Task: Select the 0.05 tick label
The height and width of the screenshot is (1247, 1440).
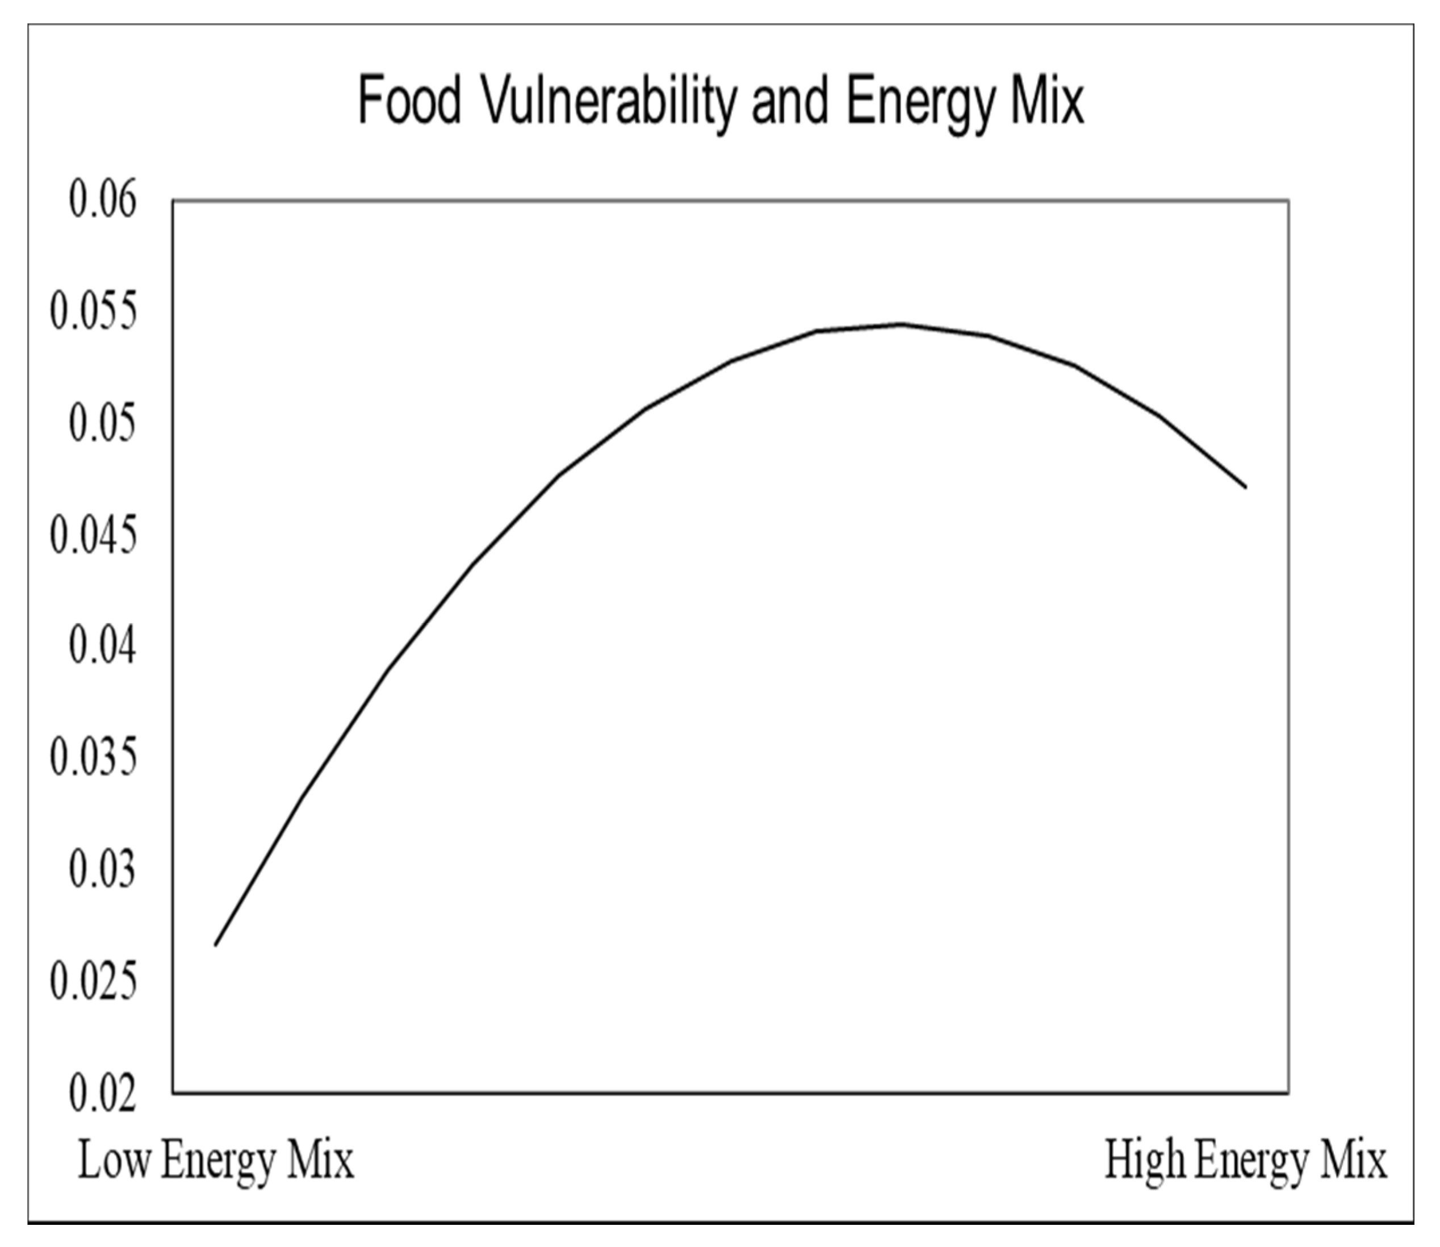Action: tap(103, 424)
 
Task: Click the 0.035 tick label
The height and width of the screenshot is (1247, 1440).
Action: tap(93, 758)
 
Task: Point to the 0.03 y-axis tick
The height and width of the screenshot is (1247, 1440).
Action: tap(103, 870)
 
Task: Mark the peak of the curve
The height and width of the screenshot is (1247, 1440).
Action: tap(902, 324)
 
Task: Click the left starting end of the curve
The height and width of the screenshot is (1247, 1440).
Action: tap(216, 944)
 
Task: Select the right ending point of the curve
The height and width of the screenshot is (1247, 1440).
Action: tap(1245, 487)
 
